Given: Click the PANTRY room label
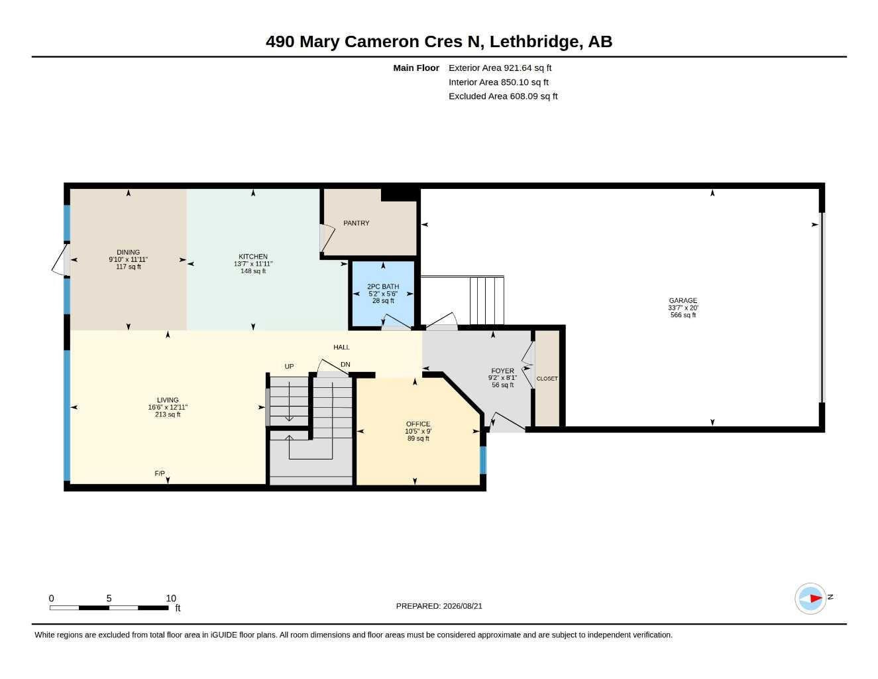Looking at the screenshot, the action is coord(356,223).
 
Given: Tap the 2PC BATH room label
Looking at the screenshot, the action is coord(382,286).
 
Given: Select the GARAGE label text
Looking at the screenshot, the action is coord(683,300).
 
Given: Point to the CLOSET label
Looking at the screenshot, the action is coord(547,379).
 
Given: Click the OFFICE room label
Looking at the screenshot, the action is coord(417,424).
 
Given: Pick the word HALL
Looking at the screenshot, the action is coord(341,347).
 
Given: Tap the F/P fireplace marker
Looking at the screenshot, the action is coord(160,473).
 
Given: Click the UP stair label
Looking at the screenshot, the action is coord(289,367).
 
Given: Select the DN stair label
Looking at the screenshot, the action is coord(345,365).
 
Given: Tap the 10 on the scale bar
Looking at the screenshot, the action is coord(171,598).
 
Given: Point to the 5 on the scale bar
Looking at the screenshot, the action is coord(109,598).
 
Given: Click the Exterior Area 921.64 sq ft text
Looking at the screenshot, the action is coord(500,68).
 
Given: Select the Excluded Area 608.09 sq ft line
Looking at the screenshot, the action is coord(503,96).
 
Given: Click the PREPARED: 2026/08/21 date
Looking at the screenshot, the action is coord(439,606).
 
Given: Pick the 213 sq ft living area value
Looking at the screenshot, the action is coord(168,414).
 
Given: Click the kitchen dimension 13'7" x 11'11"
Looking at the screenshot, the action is coord(253,263).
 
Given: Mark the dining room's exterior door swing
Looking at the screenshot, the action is coord(60,260).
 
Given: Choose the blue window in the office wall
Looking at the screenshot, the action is coord(482,460).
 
